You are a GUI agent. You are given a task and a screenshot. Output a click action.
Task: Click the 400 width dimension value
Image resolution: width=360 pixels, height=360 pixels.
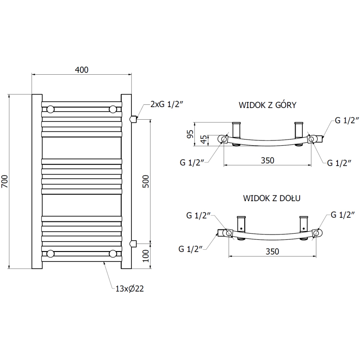tap(81, 70)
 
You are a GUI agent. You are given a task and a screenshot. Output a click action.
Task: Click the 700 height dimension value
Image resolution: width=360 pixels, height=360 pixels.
tap(4, 181)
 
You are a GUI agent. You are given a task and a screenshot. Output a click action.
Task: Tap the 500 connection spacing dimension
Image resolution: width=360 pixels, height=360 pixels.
tap(145, 181)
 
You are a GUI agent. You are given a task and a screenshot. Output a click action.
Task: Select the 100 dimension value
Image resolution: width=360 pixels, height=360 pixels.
tap(145, 256)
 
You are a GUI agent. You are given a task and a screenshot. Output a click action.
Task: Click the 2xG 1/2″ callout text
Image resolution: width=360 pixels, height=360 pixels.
tap(167, 104)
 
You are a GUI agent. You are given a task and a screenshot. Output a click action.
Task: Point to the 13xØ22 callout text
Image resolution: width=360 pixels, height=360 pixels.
tap(130, 288)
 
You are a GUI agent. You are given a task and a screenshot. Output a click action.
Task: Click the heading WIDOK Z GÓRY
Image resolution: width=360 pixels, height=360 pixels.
tap(267, 105)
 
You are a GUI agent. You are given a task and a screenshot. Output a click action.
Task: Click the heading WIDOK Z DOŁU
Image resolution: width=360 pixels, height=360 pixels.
tap(272, 198)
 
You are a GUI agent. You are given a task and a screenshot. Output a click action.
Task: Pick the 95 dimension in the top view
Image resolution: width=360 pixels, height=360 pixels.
tap(190, 134)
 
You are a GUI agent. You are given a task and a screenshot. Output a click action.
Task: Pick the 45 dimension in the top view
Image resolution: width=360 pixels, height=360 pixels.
tap(204, 139)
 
